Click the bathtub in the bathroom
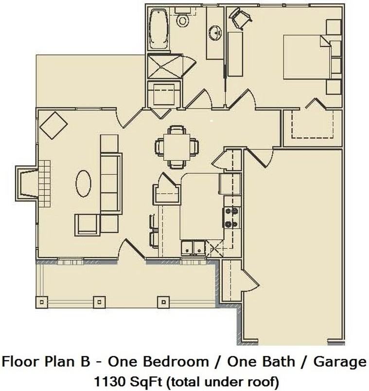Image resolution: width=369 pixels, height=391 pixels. pyautogui.click(x=159, y=29)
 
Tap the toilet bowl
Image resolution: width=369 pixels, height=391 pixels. pyautogui.click(x=182, y=21)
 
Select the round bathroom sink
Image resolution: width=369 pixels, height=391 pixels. pyautogui.click(x=215, y=33)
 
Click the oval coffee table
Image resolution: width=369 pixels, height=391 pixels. pyautogui.click(x=83, y=183)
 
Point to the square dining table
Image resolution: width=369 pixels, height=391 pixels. pyautogui.click(x=177, y=147)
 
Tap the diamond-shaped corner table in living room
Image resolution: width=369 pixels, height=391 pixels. pyautogui.click(x=54, y=126)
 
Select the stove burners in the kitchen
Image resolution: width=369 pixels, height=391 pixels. pyautogui.click(x=231, y=218)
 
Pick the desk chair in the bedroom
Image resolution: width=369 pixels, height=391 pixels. pyautogui.click(x=240, y=18)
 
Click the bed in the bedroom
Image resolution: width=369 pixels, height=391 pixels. pyautogui.click(x=307, y=57)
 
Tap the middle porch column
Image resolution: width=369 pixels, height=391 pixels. pyautogui.click(x=99, y=302)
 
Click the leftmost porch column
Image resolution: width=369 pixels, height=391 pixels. pyautogui.click(x=42, y=302)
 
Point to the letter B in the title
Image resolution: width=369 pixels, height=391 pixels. pyautogui.click(x=85, y=362)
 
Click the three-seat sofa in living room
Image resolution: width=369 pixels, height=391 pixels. pyautogui.click(x=111, y=183)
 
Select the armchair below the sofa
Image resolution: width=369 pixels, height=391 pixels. pyautogui.click(x=87, y=224)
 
